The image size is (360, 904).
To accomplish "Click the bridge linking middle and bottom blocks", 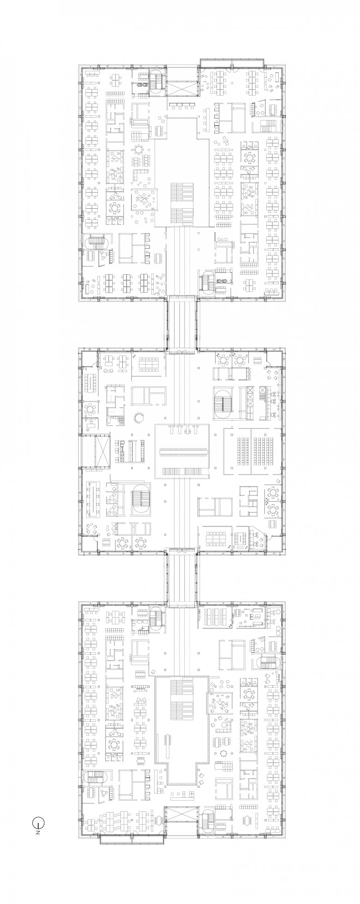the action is pyautogui.click(x=182, y=576).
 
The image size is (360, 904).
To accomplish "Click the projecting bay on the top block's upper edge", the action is pyautogui.click(x=232, y=62).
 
